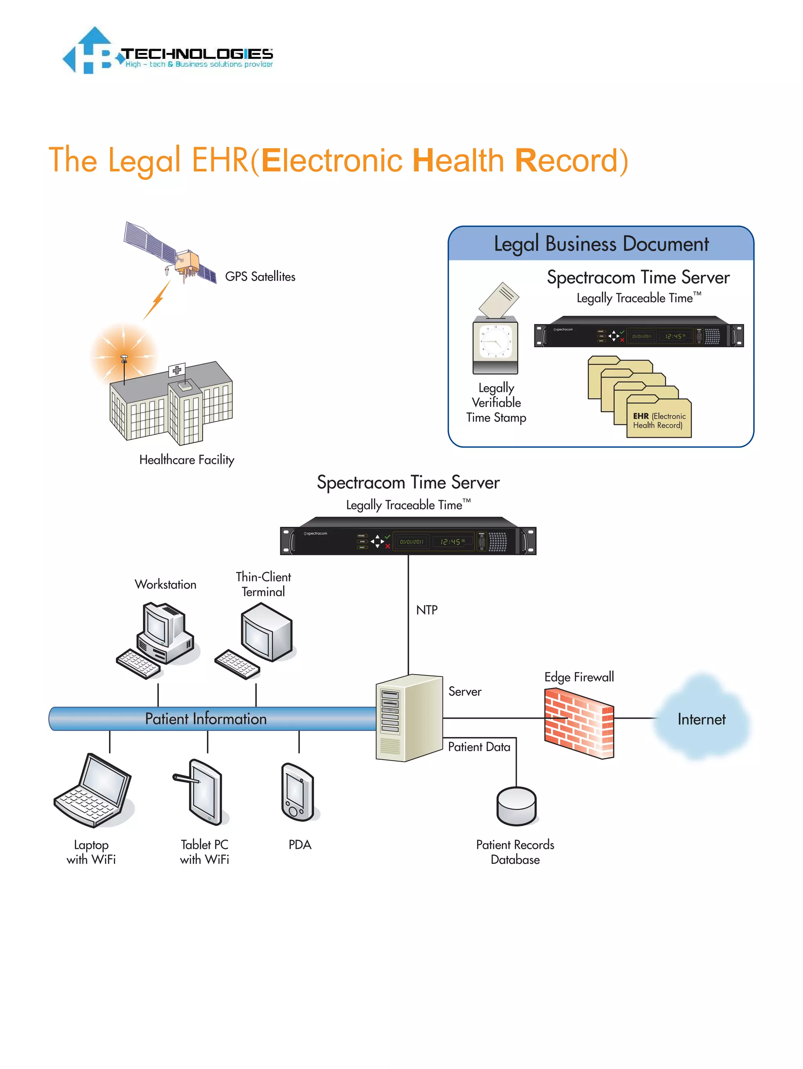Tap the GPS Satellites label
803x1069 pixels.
click(x=260, y=277)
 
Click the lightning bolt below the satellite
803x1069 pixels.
click(x=158, y=300)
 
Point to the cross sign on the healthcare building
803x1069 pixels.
click(x=177, y=370)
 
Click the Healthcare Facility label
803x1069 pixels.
click(x=187, y=460)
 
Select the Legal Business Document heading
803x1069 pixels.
click(x=601, y=244)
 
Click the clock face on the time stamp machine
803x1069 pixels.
click(x=495, y=341)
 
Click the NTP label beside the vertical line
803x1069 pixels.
click(x=427, y=610)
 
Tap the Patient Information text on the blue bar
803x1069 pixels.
click(x=206, y=719)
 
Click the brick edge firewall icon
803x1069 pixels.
click(x=579, y=723)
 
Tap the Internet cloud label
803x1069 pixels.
click(x=701, y=719)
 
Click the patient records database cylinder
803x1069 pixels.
click(x=516, y=806)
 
